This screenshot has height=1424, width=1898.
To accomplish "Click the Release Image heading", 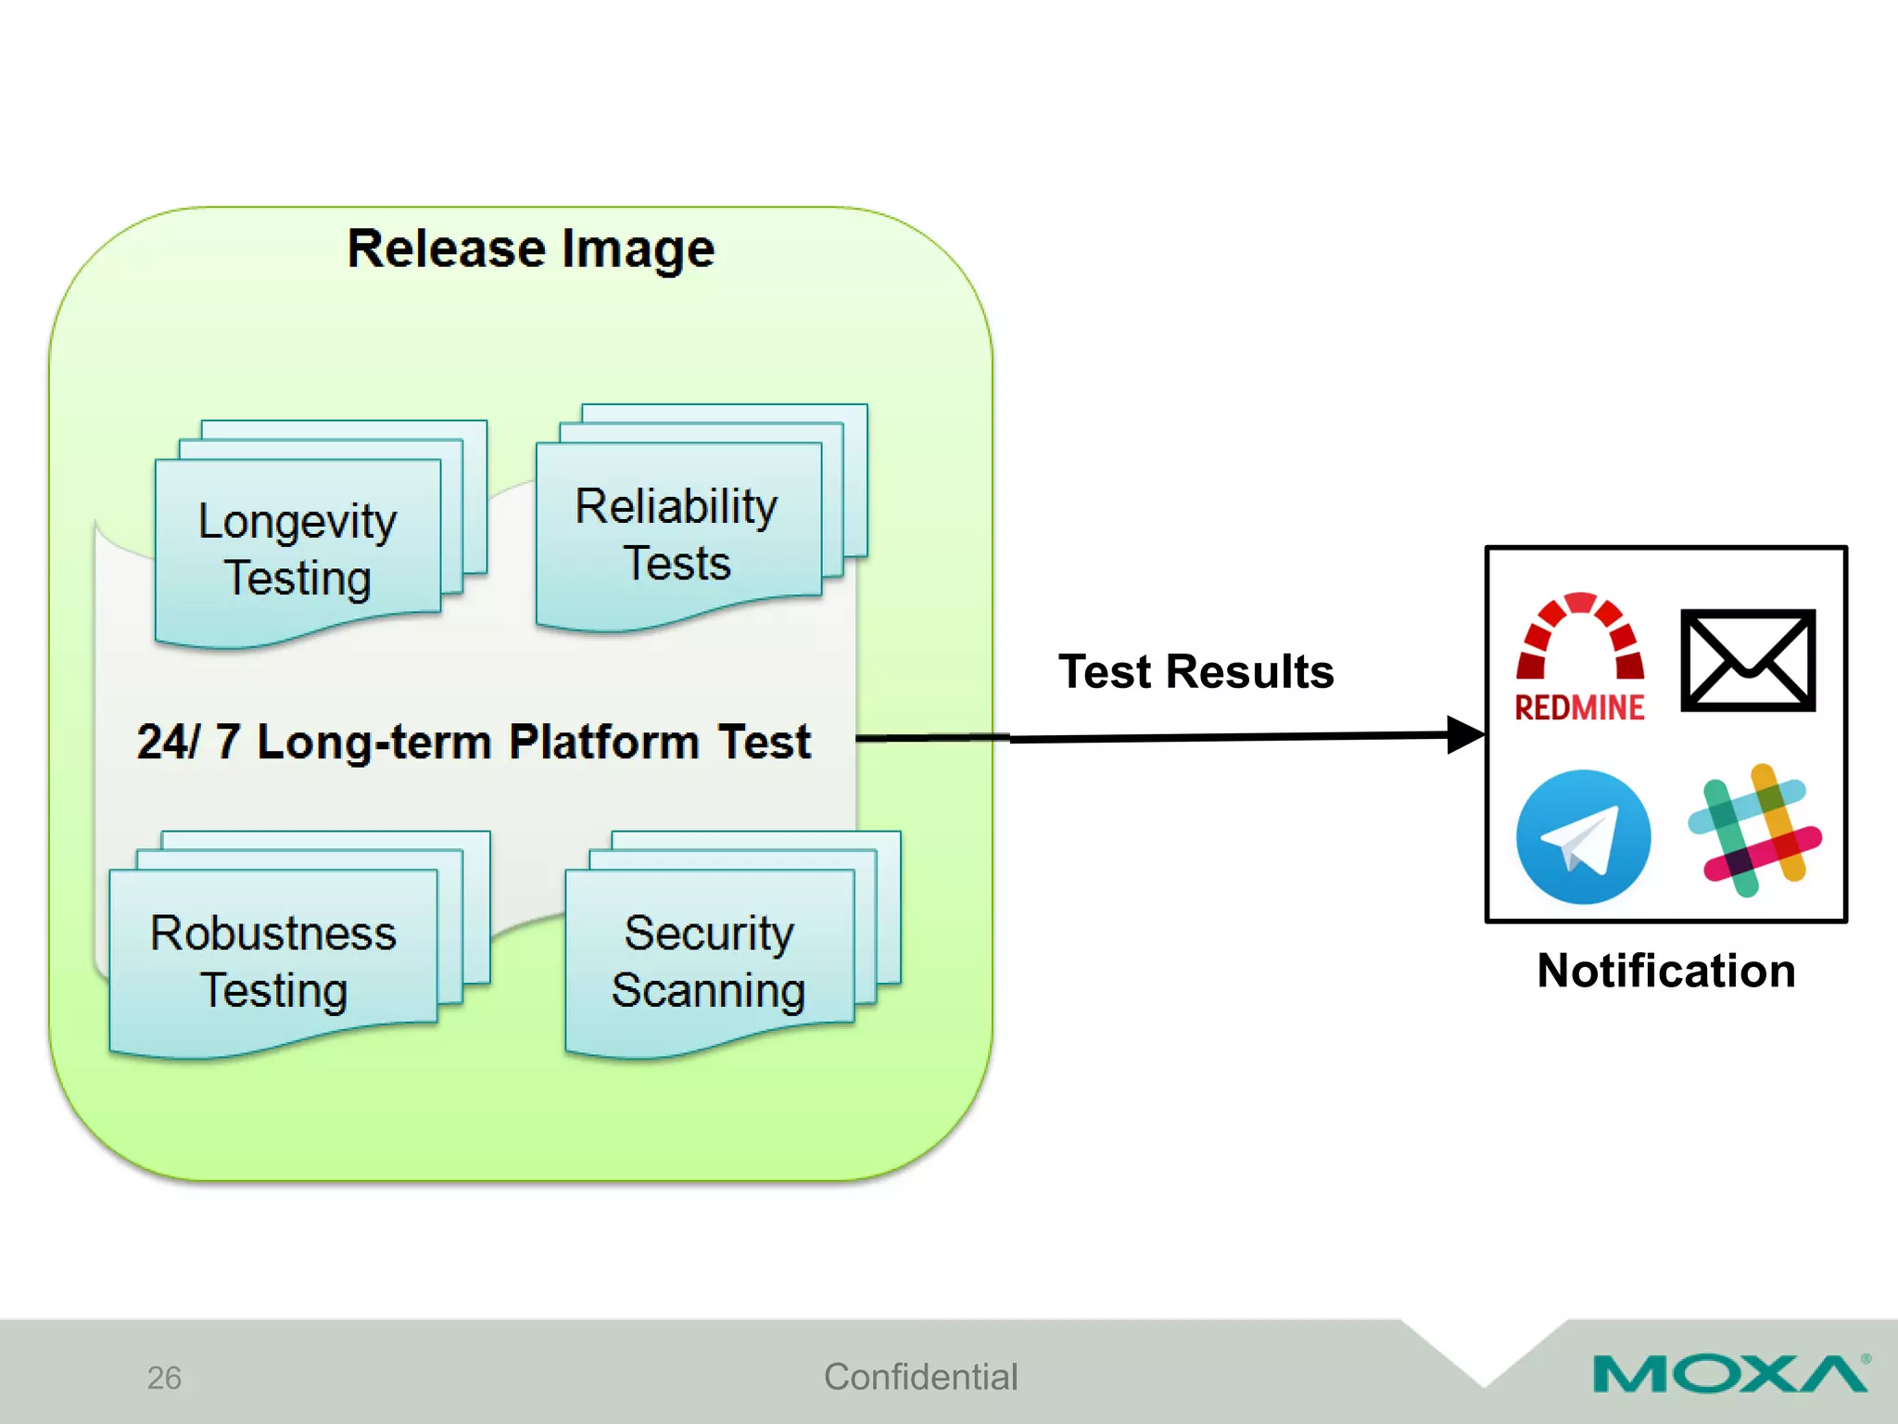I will coord(531,248).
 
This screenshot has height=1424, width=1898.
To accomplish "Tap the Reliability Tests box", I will coord(677,534).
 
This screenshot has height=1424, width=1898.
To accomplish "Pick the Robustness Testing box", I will coord(273,960).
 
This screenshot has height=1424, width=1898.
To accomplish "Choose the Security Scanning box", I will coord(709,960).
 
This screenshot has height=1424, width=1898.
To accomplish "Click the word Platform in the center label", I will coord(603,742).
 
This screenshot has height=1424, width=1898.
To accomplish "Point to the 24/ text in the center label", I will coord(167,742).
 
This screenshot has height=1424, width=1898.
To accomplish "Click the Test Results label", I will coord(1196,671).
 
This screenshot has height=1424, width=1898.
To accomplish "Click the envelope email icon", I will coord(1747,660).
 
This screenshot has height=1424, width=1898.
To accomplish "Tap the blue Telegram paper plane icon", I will coord(1583,836).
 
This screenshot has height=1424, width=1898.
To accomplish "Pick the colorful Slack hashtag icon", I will coord(1753,831).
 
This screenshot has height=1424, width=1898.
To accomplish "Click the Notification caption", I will coord(1665,971).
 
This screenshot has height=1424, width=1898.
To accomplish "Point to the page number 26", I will coord(164,1378).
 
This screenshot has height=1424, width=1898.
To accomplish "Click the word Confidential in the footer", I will coord(920,1377).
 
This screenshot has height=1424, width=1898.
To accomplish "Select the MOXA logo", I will coord(1729,1374).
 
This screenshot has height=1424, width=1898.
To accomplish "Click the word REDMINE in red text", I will coord(1579,707).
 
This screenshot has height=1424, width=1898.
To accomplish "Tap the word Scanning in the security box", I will coord(709,990).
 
